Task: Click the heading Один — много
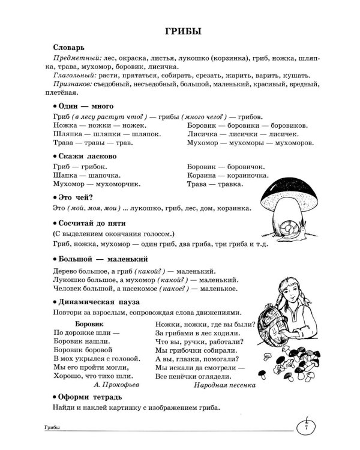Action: pyautogui.click(x=81, y=106)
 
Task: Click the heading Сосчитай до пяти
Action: pyautogui.click(x=89, y=223)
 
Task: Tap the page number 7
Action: pyautogui.click(x=306, y=428)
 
